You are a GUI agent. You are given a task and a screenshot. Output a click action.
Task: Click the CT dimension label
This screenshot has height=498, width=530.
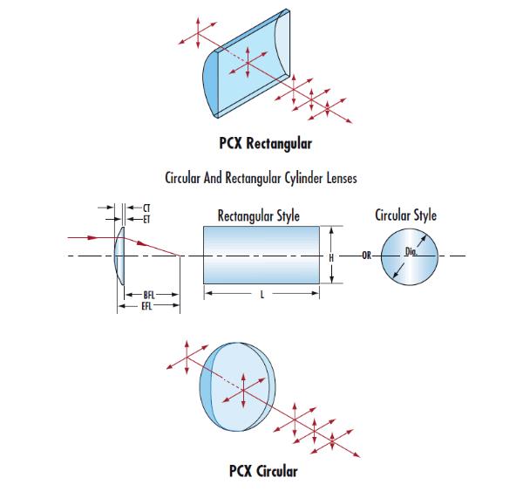pos(146,208)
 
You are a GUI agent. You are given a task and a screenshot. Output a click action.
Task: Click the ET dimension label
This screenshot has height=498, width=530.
pos(146,220)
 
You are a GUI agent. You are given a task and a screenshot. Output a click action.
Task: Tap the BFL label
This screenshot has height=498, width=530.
pos(149,295)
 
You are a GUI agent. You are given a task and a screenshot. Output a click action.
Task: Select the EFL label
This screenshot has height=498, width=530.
pos(146,306)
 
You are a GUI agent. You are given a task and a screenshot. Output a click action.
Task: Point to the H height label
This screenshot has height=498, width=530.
pos(331,258)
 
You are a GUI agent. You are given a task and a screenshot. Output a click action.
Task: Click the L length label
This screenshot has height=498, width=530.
pos(262,295)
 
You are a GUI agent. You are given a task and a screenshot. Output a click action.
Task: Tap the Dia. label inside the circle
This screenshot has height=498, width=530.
pos(411,251)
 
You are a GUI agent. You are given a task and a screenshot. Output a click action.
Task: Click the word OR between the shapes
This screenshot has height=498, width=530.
pos(367,256)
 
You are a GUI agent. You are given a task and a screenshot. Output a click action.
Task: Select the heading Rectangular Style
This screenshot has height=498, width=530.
pos(259,216)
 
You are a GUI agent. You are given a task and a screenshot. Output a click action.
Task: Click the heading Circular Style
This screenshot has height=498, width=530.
pos(405,215)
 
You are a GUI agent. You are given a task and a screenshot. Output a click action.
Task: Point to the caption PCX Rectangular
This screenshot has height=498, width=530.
pos(265,143)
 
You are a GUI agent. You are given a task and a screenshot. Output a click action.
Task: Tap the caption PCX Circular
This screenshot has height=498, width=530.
pos(263,471)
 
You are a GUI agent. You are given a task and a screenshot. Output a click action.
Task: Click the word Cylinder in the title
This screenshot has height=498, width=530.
pos(304,178)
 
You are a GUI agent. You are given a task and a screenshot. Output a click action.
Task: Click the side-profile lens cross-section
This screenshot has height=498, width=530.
pos(119,256)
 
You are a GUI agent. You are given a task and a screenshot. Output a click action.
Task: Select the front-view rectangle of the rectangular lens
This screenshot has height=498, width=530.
pos(262,255)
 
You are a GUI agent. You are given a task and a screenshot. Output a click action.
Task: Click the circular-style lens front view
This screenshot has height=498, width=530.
pos(410,256)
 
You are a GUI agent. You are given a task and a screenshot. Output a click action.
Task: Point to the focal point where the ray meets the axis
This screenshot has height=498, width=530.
pos(180,256)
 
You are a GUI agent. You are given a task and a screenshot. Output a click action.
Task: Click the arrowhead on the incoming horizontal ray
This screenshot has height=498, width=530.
pos(92,237)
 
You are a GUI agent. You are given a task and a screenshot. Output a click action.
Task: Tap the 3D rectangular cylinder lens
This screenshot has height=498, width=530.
pos(246,64)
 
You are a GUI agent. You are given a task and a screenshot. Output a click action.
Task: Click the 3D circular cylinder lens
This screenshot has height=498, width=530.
pos(238,386)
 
